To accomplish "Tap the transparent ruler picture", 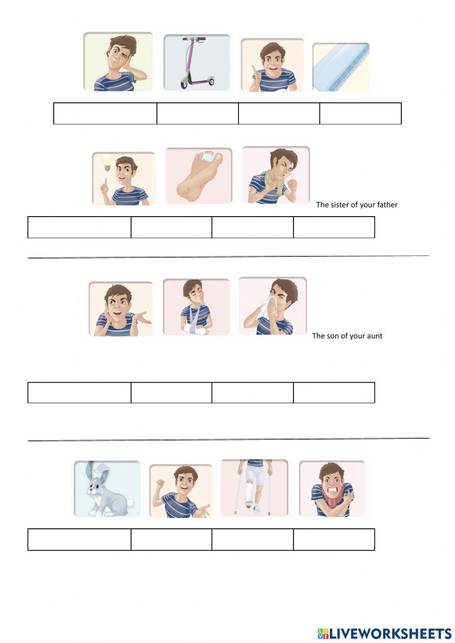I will coord(340,67).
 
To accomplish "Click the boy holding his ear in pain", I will coord(118,61).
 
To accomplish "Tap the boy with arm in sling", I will coord(196,307).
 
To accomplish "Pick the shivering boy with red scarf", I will coord(332,489).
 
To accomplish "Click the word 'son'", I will coord(333,336).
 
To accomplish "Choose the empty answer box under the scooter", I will coord(197,113).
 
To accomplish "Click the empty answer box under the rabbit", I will coord(79,539).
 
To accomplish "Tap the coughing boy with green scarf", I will coord(275,175).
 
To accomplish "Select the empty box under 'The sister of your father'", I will coord(334,227).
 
